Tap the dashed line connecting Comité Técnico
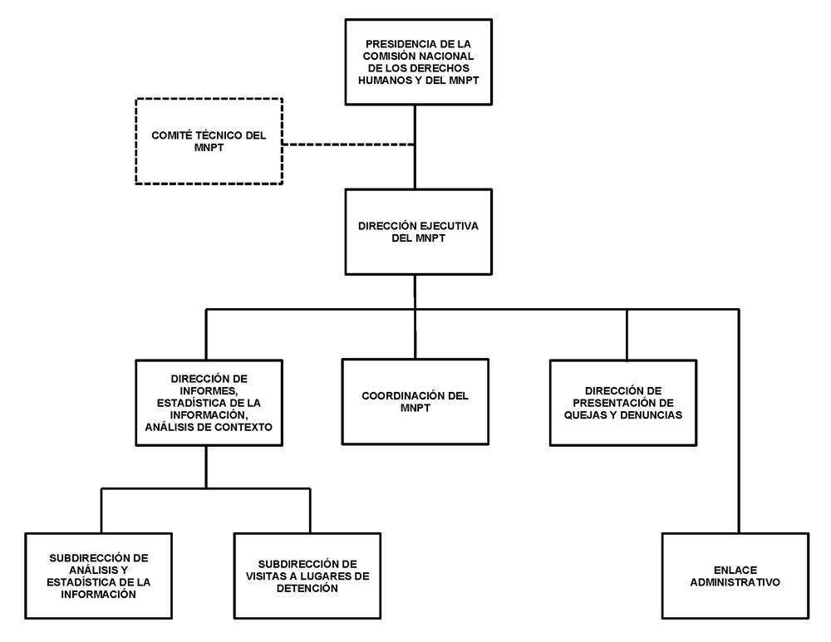click(x=349, y=145)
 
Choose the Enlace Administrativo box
click(x=735, y=576)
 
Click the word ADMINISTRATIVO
click(x=735, y=582)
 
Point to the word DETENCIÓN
click(x=308, y=588)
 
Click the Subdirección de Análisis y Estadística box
click(x=99, y=565)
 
